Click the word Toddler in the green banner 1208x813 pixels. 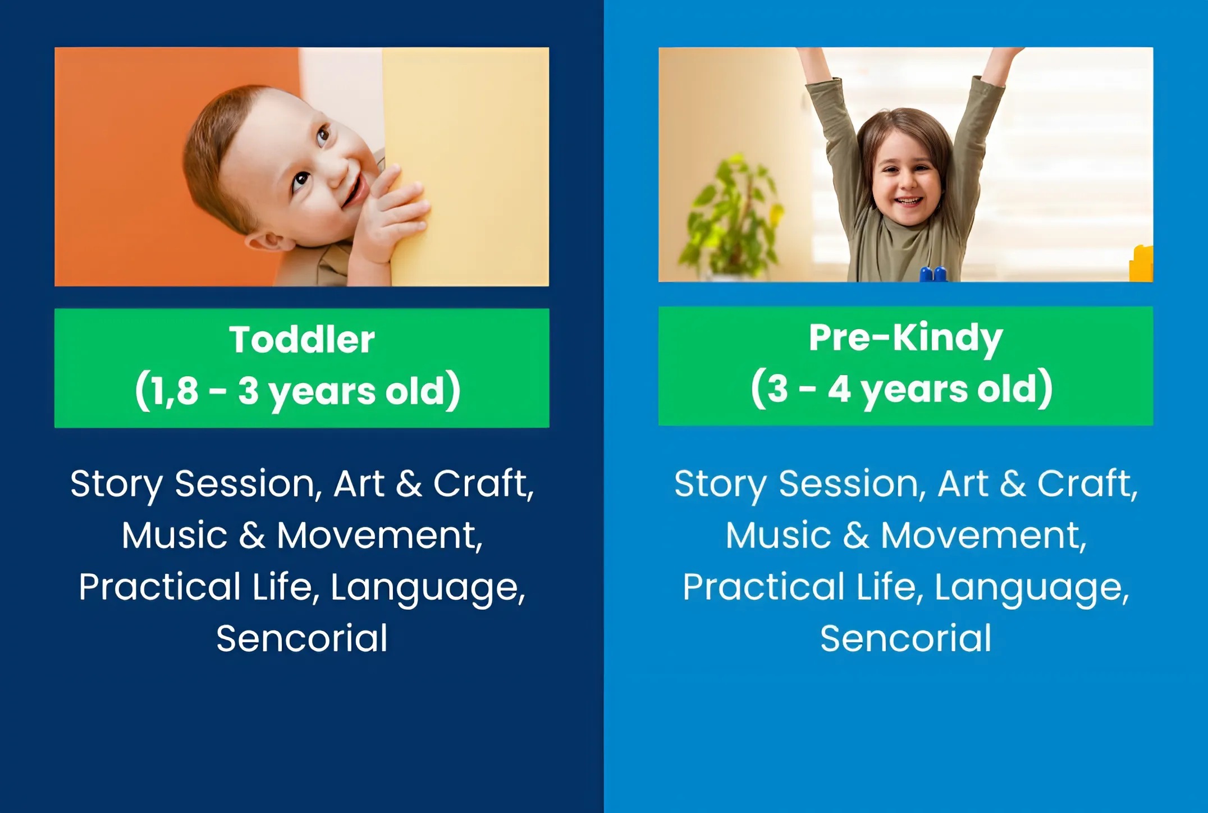pos(302,340)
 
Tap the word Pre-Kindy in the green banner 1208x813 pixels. pos(905,339)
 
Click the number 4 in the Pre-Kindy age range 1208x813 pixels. pos(839,389)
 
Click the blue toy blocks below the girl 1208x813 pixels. pos(933,274)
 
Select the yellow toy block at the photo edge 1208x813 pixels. pos(1141,263)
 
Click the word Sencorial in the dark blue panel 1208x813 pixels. pos(302,638)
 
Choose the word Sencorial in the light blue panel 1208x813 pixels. pos(906,638)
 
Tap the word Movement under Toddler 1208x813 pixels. pos(379,535)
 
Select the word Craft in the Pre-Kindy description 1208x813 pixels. pos(1087,483)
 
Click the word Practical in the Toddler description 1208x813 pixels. pos(160,587)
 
